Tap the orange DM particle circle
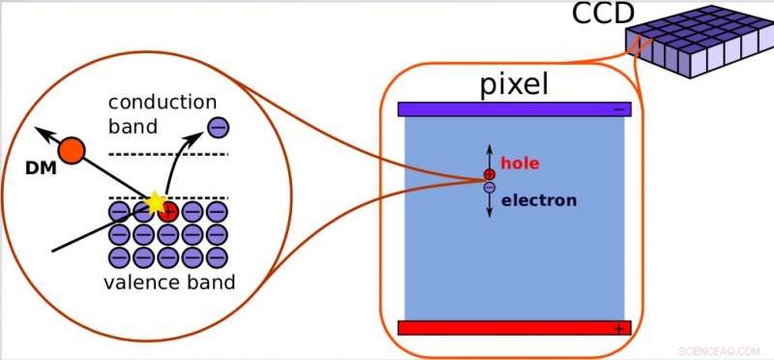coord(72,150)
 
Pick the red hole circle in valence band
coord(167,210)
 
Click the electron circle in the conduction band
coord(218,126)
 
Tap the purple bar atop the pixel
coord(513,109)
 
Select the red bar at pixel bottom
coord(513,327)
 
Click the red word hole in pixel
coord(521,165)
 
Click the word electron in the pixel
coord(539,200)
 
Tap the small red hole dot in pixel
coord(490,175)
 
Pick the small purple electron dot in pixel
coord(490,187)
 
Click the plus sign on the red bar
coord(618,328)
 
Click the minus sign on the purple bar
coord(618,109)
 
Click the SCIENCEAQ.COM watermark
coord(723,348)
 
